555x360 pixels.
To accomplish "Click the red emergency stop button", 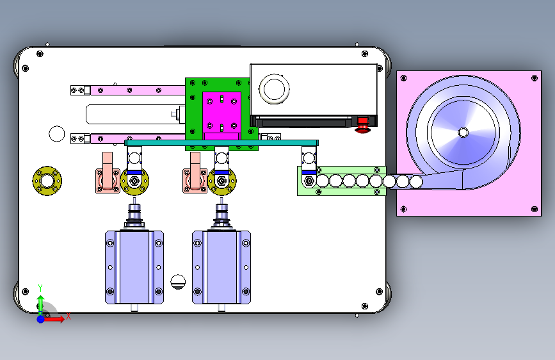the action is [x=362, y=125].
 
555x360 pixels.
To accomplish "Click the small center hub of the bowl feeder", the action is [x=463, y=133].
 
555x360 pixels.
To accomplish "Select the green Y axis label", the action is [x=40, y=288].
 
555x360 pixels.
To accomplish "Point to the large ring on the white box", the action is [x=275, y=89].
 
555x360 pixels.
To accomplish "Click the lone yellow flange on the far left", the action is [x=47, y=181].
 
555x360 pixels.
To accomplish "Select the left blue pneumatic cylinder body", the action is [x=134, y=267].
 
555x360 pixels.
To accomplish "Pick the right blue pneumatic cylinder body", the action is [x=221, y=267].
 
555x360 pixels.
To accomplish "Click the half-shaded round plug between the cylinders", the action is [x=178, y=282].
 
